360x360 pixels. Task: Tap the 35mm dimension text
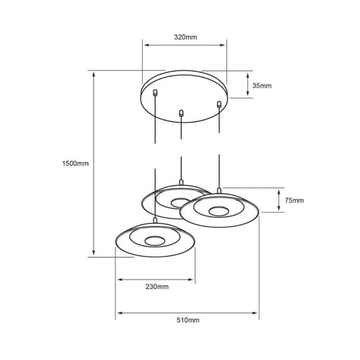[262, 85]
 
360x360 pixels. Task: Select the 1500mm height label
[75, 164]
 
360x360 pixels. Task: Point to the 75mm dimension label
[294, 201]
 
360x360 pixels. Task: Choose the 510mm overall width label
[188, 320]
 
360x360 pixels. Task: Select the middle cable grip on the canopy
[182, 112]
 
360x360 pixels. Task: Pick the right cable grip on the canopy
[219, 105]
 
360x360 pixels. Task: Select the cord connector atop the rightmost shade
[219, 190]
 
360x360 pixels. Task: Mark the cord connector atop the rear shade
[182, 183]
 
